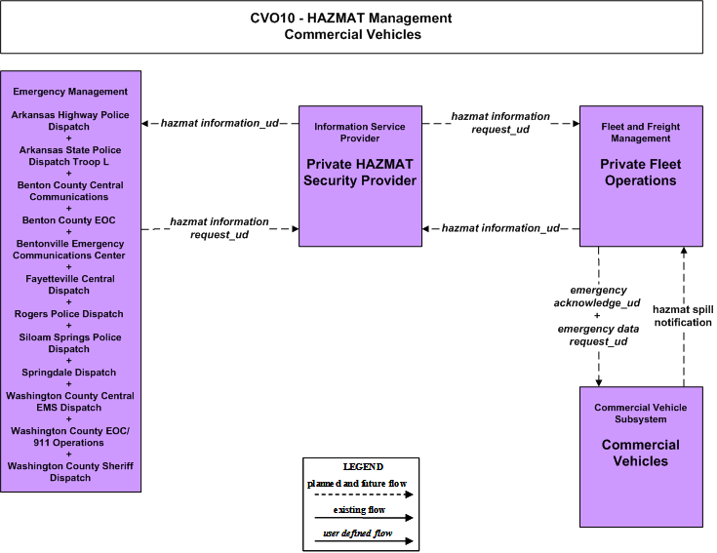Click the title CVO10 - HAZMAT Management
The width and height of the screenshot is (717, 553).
point(351,19)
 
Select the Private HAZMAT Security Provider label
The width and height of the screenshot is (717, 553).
point(360,173)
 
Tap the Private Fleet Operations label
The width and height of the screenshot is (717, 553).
point(641,173)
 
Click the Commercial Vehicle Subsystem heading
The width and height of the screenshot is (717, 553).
point(641,414)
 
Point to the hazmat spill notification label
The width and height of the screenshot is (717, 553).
point(683,316)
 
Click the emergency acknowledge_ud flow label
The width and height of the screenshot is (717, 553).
point(597,296)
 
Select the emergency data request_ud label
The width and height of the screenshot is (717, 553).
point(598,335)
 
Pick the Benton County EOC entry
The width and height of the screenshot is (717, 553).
point(69,220)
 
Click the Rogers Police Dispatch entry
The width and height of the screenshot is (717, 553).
point(69,314)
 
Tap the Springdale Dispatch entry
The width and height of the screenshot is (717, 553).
point(69,373)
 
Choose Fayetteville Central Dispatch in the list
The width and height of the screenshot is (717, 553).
point(69,285)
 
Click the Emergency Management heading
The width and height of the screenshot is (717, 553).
point(70,92)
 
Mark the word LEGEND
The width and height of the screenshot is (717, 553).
point(363,466)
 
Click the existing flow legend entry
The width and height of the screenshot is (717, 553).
point(359,509)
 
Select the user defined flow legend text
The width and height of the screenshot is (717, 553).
point(358,533)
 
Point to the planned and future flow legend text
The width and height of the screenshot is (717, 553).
point(357,483)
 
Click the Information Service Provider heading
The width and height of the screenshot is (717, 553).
point(360,133)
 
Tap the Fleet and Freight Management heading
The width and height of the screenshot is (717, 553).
point(641,133)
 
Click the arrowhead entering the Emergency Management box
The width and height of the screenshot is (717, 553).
point(144,124)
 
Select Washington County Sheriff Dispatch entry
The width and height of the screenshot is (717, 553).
point(70,472)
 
